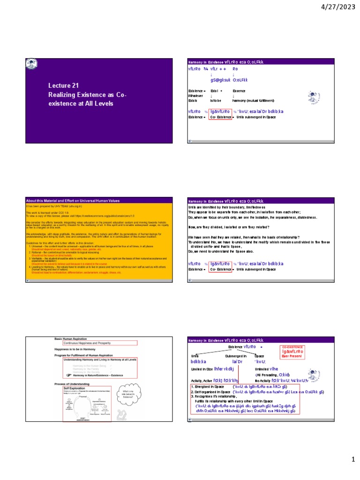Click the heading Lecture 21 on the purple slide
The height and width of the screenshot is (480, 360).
[x=62, y=85]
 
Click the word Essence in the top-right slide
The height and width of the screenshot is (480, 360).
[x=239, y=90]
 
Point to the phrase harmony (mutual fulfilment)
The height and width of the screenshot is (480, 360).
[x=256, y=100]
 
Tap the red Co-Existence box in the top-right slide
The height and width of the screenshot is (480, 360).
[x=220, y=117]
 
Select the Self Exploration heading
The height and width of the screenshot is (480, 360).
[x=74, y=389]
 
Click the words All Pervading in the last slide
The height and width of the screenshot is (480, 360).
[x=267, y=375]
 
